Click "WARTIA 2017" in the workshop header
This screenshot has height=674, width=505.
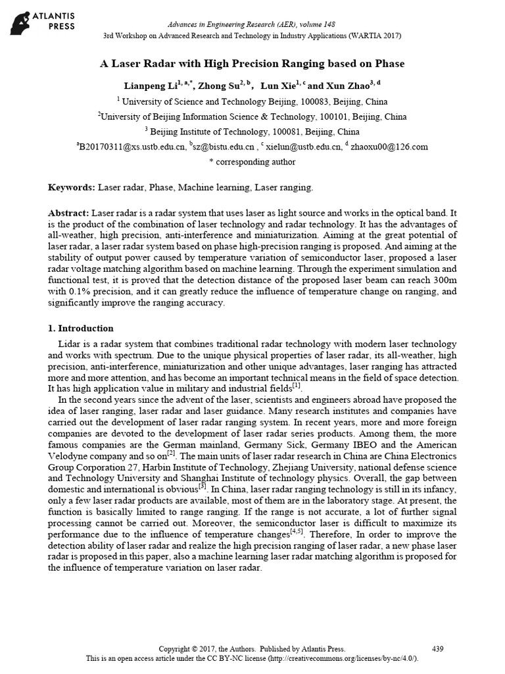376,36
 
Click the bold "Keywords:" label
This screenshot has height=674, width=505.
72,188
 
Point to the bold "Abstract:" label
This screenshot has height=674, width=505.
69,215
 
